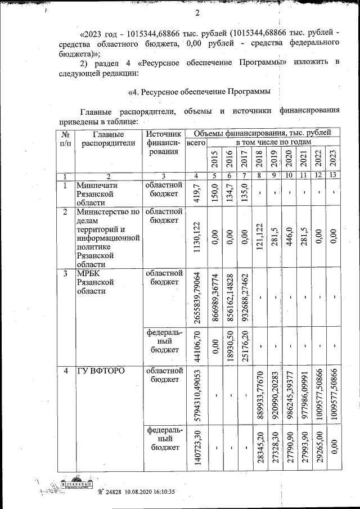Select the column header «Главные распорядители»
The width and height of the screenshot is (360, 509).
pos(109,138)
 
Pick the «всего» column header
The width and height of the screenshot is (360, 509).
pos(196,143)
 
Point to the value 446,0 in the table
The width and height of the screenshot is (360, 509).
pos(289,235)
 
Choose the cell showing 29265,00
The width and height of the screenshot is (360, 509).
pos(318,446)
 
